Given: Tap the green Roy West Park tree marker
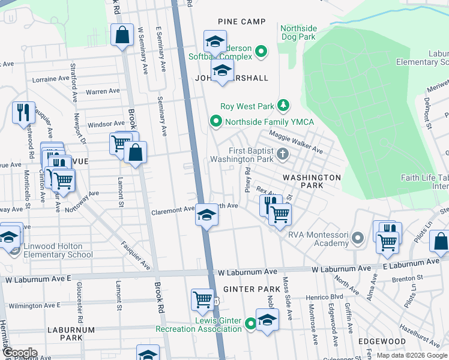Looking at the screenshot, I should tap(283, 106).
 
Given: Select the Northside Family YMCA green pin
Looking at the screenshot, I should tap(216, 122).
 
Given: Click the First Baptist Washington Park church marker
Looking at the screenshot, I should tap(282, 155).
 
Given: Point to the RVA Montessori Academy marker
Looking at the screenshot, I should tap(358, 239).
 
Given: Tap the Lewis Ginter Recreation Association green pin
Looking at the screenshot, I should tap(252, 325).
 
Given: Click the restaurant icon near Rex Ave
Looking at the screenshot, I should tap(271, 204).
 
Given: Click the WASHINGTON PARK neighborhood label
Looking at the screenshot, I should tap(312, 182).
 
